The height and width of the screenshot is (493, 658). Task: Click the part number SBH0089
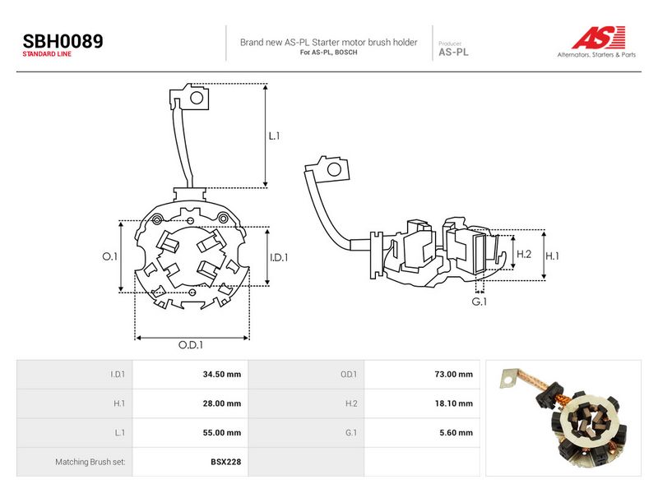(63, 41)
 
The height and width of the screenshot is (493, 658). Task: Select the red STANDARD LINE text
(47, 54)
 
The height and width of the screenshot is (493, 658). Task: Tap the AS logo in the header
(598, 38)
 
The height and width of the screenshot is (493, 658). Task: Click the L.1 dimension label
(274, 136)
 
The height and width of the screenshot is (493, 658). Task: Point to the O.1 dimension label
(110, 256)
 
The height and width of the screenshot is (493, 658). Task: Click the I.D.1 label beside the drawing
(279, 257)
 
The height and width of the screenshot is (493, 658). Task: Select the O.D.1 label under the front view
(191, 344)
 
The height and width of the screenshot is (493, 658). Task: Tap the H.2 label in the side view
(524, 254)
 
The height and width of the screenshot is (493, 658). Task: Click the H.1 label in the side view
(552, 256)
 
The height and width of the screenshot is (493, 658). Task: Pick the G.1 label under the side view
(480, 302)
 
